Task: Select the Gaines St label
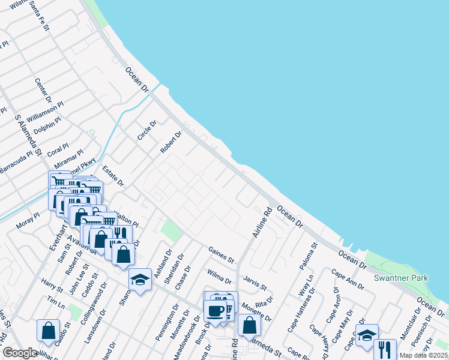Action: pos(221,254)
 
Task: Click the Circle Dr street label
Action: pos(146,130)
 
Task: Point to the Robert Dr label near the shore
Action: pos(170,143)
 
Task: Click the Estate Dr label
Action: pos(112,175)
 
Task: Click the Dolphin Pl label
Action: pos(47,125)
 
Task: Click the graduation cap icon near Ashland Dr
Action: pos(140,280)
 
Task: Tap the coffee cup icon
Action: pos(215,310)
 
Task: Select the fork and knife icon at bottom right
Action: pos(385,349)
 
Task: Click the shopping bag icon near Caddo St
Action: pos(48,330)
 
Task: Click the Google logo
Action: pos(19,353)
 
